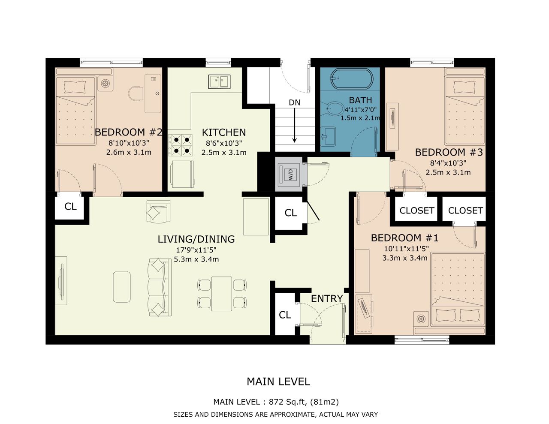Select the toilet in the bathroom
tap(335, 109)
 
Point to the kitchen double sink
tap(219, 81)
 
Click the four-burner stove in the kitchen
tap(181, 145)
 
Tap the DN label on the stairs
tap(294, 102)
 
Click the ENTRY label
tap(327, 298)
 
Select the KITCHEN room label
tap(223, 132)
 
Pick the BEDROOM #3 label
tap(449, 152)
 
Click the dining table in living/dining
tap(222, 294)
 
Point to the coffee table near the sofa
tap(122, 287)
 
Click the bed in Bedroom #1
tap(458, 289)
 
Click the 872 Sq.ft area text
tap(288, 402)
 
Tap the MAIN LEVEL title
tap(278, 382)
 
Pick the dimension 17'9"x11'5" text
tap(196, 250)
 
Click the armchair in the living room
tap(158, 212)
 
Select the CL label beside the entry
tap(285, 315)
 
